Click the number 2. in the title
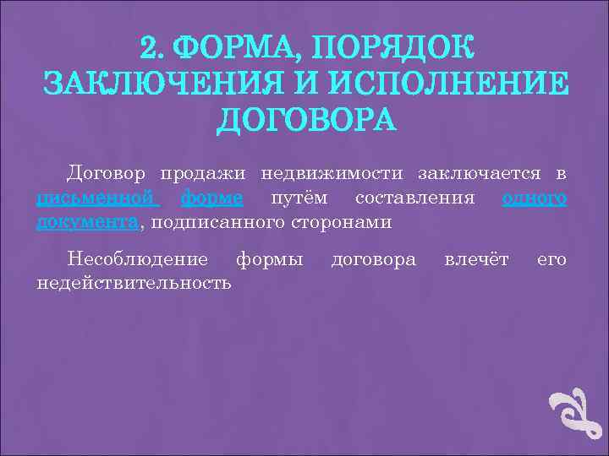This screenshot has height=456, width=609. (x=155, y=49)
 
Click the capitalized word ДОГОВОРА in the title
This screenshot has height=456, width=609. (x=305, y=119)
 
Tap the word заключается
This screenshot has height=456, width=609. (x=480, y=173)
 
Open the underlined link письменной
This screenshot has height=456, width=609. (x=97, y=198)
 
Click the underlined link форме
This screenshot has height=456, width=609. (x=211, y=198)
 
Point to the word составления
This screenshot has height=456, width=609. (x=414, y=198)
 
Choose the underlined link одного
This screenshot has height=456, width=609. (x=534, y=198)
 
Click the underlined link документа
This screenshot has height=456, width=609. (x=88, y=223)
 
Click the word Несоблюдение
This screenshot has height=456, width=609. (x=138, y=258)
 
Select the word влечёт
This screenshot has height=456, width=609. (x=477, y=258)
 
